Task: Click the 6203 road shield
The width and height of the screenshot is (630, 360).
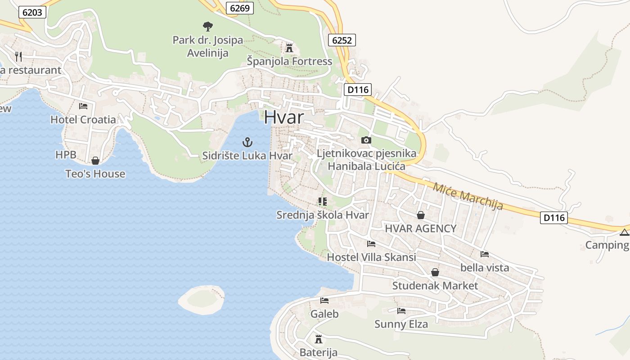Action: pyautogui.click(x=32, y=12)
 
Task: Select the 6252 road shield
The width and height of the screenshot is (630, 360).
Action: pyautogui.click(x=342, y=40)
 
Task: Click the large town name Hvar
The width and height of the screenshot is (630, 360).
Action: pyautogui.click(x=284, y=117)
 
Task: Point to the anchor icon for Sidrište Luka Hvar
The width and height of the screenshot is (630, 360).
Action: pyautogui.click(x=247, y=143)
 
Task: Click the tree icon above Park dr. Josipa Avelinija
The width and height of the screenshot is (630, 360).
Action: pyautogui.click(x=207, y=27)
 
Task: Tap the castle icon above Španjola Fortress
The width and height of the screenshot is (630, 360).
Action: pyautogui.click(x=289, y=48)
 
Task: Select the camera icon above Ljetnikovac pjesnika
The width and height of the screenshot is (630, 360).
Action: pyautogui.click(x=366, y=140)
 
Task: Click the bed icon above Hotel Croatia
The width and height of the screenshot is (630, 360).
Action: pyautogui.click(x=83, y=106)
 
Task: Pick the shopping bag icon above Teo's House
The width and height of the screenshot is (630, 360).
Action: pyautogui.click(x=95, y=161)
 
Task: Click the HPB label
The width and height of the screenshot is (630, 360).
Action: pyautogui.click(x=66, y=155)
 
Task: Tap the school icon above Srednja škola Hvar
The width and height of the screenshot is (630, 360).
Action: pyautogui.click(x=322, y=201)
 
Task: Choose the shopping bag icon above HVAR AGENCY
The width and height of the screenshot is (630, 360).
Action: pyautogui.click(x=421, y=215)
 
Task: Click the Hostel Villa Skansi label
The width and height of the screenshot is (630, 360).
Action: pyautogui.click(x=371, y=257)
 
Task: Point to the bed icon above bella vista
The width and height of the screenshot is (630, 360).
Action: pyautogui.click(x=485, y=254)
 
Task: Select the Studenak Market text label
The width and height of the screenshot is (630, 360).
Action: pyautogui.click(x=435, y=286)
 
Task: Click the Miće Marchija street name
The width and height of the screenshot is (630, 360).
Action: pyautogui.click(x=468, y=196)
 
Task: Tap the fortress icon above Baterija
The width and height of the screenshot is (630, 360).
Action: pyautogui.click(x=319, y=339)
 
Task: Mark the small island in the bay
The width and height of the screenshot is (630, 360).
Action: pyautogui.click(x=202, y=299)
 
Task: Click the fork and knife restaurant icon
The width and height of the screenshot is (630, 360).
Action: pyautogui.click(x=18, y=56)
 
